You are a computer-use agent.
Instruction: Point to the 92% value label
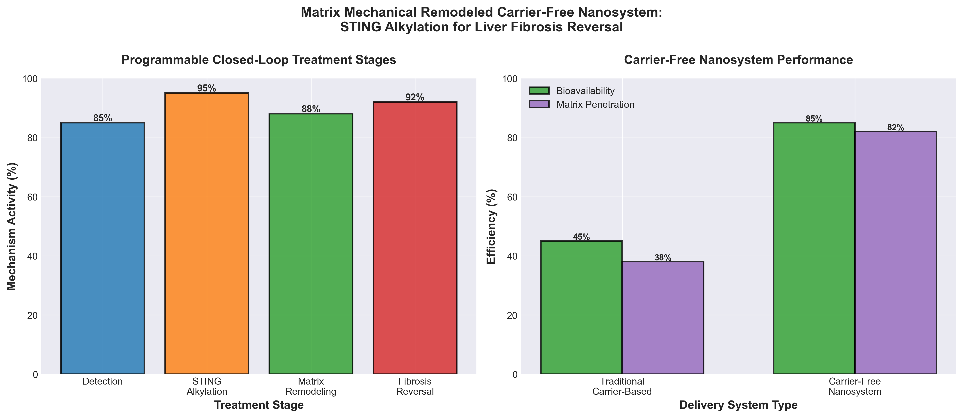[x=415, y=98]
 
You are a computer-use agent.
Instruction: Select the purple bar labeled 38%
[x=663, y=317]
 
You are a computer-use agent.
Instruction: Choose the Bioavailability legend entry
[x=585, y=91]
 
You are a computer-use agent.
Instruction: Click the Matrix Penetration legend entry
[x=595, y=104]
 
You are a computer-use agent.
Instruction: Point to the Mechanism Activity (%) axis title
[x=12, y=226]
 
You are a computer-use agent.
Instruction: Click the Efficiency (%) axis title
[x=491, y=226]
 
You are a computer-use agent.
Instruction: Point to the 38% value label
[x=663, y=258]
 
